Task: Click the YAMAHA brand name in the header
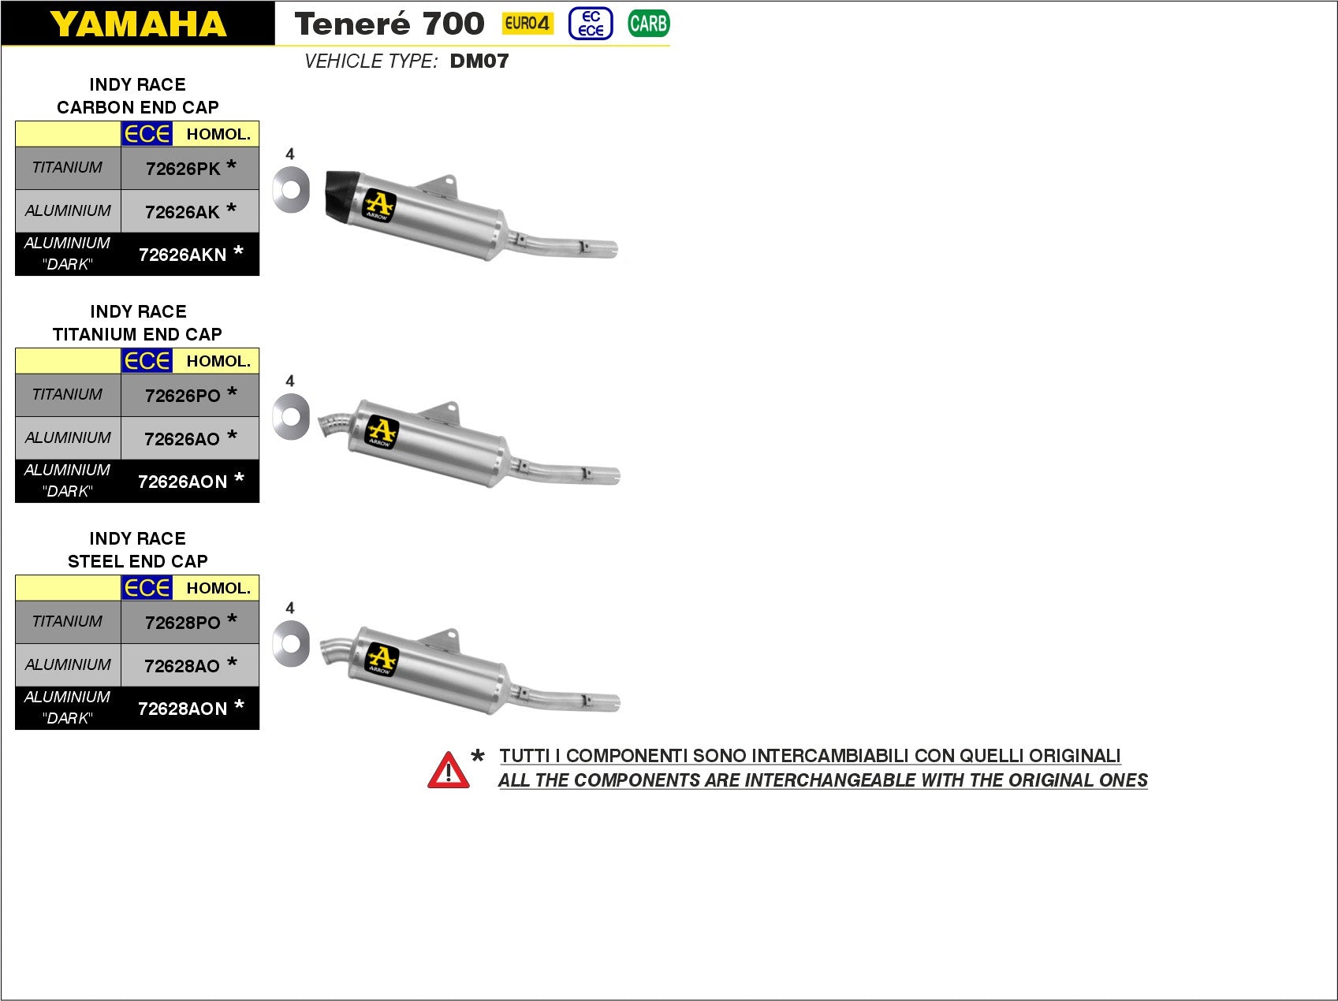(x=138, y=24)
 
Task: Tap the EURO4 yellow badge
(x=527, y=24)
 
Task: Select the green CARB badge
(x=648, y=24)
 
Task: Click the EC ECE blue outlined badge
(x=591, y=24)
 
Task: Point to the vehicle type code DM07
(x=479, y=61)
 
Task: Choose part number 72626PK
(x=183, y=169)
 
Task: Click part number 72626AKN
(x=183, y=255)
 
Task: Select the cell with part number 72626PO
(x=183, y=396)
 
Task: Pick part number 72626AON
(x=183, y=482)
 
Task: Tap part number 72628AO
(x=182, y=666)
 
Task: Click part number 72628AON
(x=183, y=709)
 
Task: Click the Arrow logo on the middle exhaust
(x=382, y=432)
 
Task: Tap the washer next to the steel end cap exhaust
(x=291, y=643)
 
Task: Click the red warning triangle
(x=448, y=771)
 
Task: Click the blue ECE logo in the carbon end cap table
(x=147, y=134)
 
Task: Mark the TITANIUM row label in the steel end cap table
(x=67, y=621)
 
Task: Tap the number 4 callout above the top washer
(x=290, y=154)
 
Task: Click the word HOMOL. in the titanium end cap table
(x=218, y=361)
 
